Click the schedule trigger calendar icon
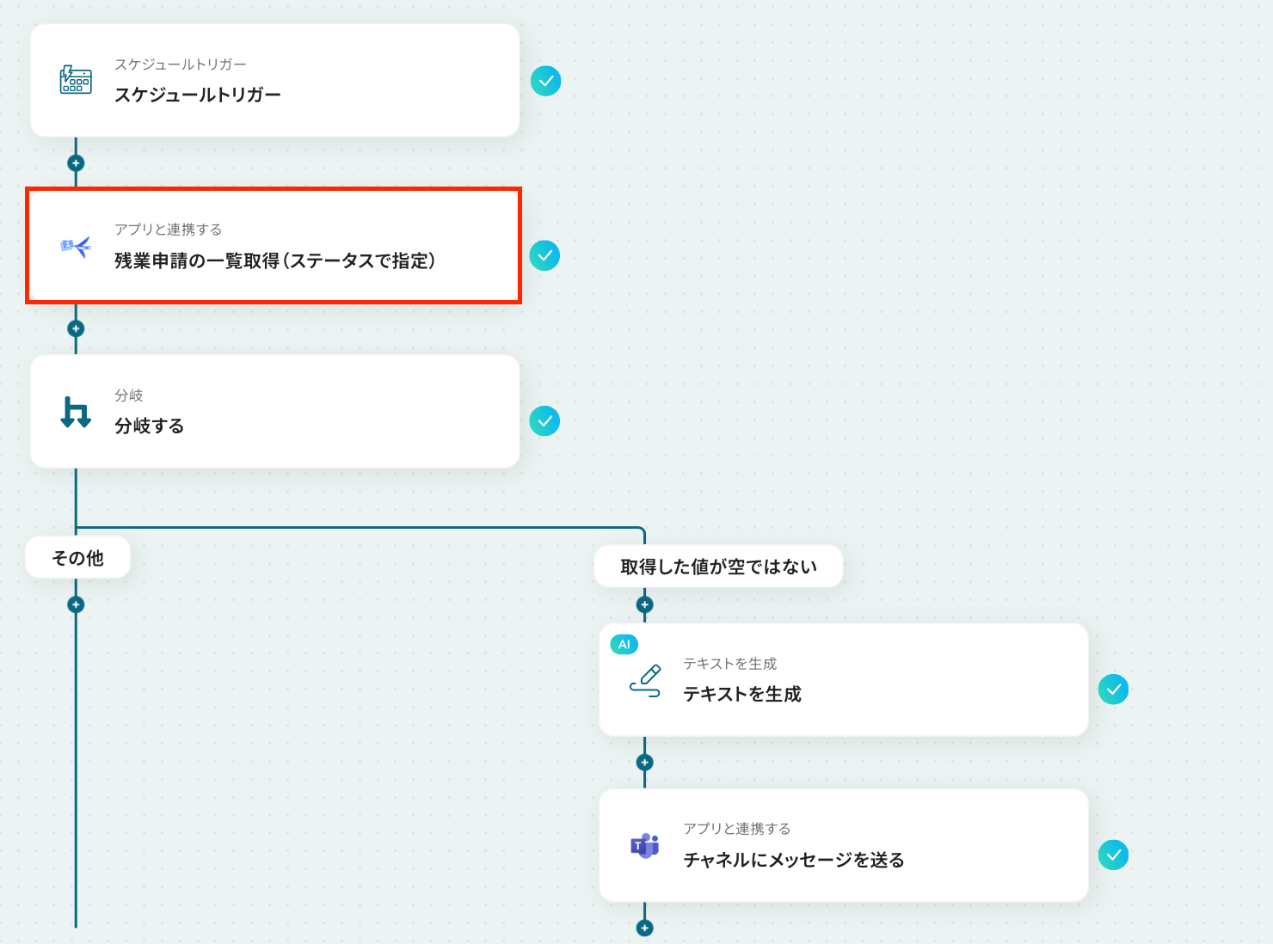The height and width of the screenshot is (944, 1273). click(76, 80)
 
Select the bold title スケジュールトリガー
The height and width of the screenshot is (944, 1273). click(198, 95)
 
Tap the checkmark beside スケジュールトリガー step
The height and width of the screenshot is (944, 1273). click(545, 81)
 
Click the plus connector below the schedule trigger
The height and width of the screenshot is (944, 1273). click(76, 163)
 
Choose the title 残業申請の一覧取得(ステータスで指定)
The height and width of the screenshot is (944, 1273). click(275, 261)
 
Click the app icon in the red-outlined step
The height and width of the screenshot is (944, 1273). click(76, 247)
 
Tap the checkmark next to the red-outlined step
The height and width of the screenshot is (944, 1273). click(544, 255)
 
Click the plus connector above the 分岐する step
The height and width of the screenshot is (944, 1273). click(76, 328)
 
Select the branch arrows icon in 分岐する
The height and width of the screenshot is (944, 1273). click(76, 412)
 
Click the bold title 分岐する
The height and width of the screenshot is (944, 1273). click(150, 426)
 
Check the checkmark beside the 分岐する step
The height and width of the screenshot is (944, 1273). click(544, 421)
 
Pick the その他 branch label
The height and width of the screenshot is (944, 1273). click(78, 558)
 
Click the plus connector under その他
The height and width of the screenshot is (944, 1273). click(76, 604)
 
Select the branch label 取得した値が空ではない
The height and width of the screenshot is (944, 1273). click(718, 567)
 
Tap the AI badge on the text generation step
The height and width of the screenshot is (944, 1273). click(624, 644)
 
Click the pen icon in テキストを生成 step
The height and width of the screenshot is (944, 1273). click(645, 680)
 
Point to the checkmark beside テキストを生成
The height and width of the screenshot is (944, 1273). click(1113, 690)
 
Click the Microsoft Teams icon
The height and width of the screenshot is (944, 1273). click(645, 846)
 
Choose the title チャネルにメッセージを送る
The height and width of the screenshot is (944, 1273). click(794, 860)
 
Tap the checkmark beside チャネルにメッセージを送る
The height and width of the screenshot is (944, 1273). click(1113, 855)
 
